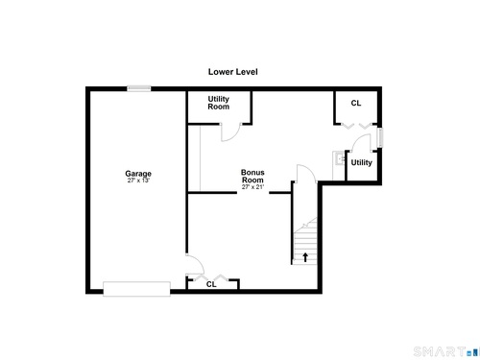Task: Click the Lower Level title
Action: (233, 72)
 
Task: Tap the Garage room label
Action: (138, 174)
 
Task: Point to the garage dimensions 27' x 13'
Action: (138, 180)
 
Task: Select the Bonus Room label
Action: (252, 176)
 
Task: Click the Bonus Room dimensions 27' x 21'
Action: (252, 187)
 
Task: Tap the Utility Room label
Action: (219, 103)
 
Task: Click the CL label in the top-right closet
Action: (356, 103)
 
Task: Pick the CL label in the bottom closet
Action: (211, 284)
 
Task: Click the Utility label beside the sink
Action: (362, 162)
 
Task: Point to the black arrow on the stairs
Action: (305, 257)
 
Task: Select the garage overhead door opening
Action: (136, 289)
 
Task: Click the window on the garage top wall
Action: (139, 88)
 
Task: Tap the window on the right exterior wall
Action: (380, 137)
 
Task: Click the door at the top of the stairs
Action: (306, 174)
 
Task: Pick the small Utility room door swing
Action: (361, 142)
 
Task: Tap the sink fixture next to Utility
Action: (339, 157)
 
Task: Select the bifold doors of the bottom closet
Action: (211, 277)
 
